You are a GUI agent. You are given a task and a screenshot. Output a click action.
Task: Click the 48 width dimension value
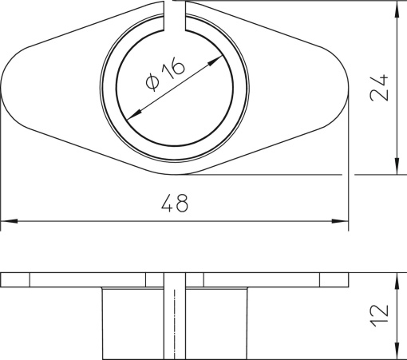tap(174, 204)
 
